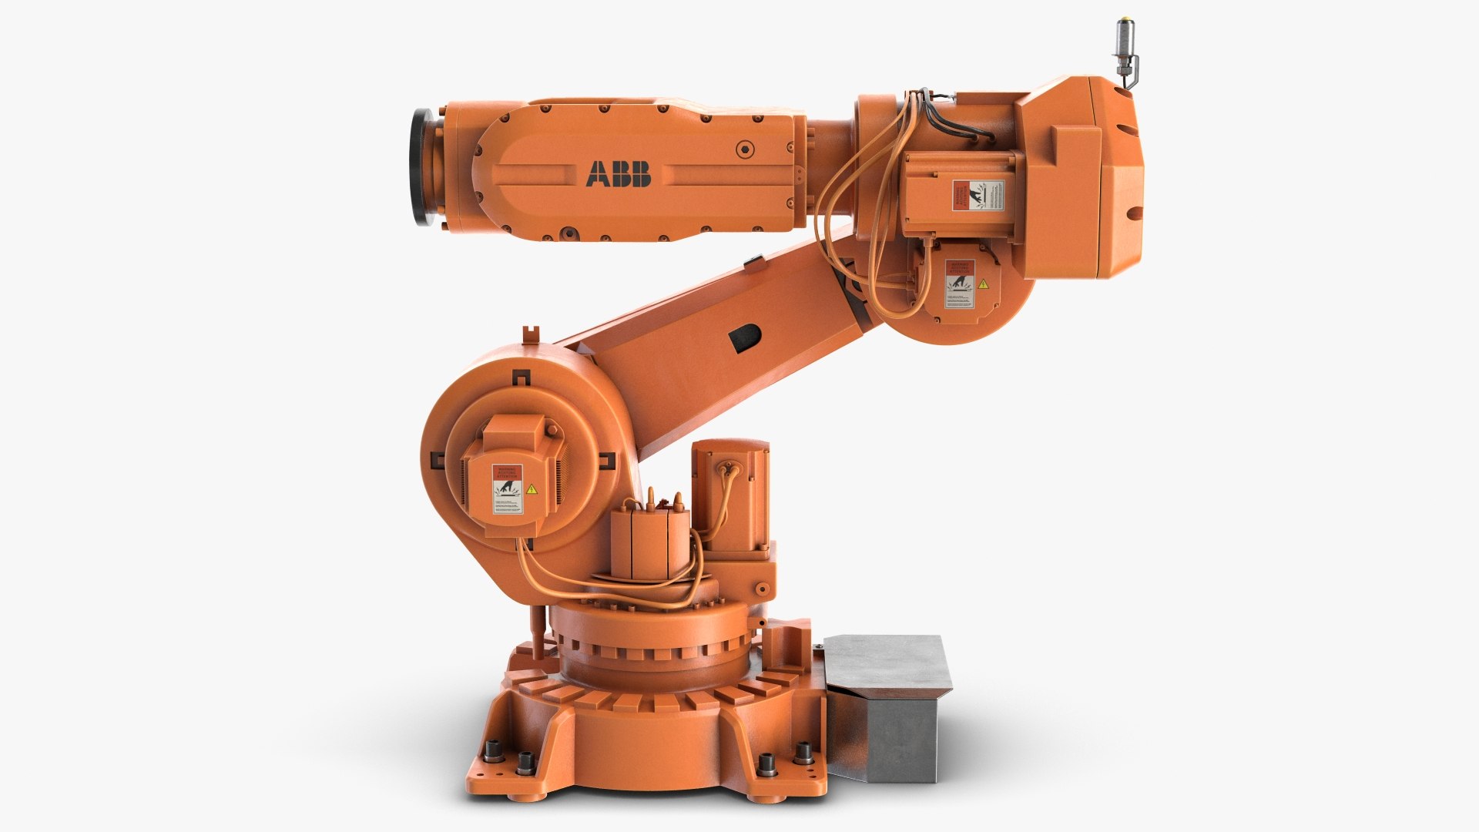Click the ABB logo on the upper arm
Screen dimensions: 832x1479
(618, 174)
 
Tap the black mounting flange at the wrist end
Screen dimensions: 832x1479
(421, 167)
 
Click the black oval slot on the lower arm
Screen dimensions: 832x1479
(744, 338)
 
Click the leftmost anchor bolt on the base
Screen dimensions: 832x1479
(491, 751)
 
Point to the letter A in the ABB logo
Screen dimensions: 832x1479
(597, 174)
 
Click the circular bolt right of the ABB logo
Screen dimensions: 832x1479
(743, 149)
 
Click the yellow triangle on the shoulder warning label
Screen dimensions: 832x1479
(531, 489)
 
